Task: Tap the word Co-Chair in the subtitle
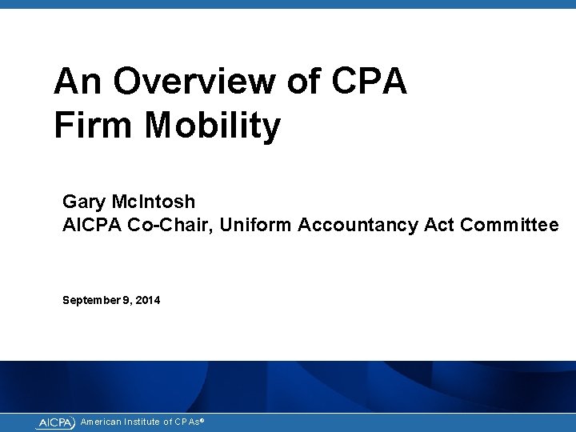pyautogui.click(x=174, y=226)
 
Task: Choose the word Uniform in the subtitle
pyautogui.click(x=255, y=226)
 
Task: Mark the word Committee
pyautogui.click(x=510, y=226)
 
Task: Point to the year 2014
pyautogui.click(x=148, y=300)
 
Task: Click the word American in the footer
pyautogui.click(x=102, y=422)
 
